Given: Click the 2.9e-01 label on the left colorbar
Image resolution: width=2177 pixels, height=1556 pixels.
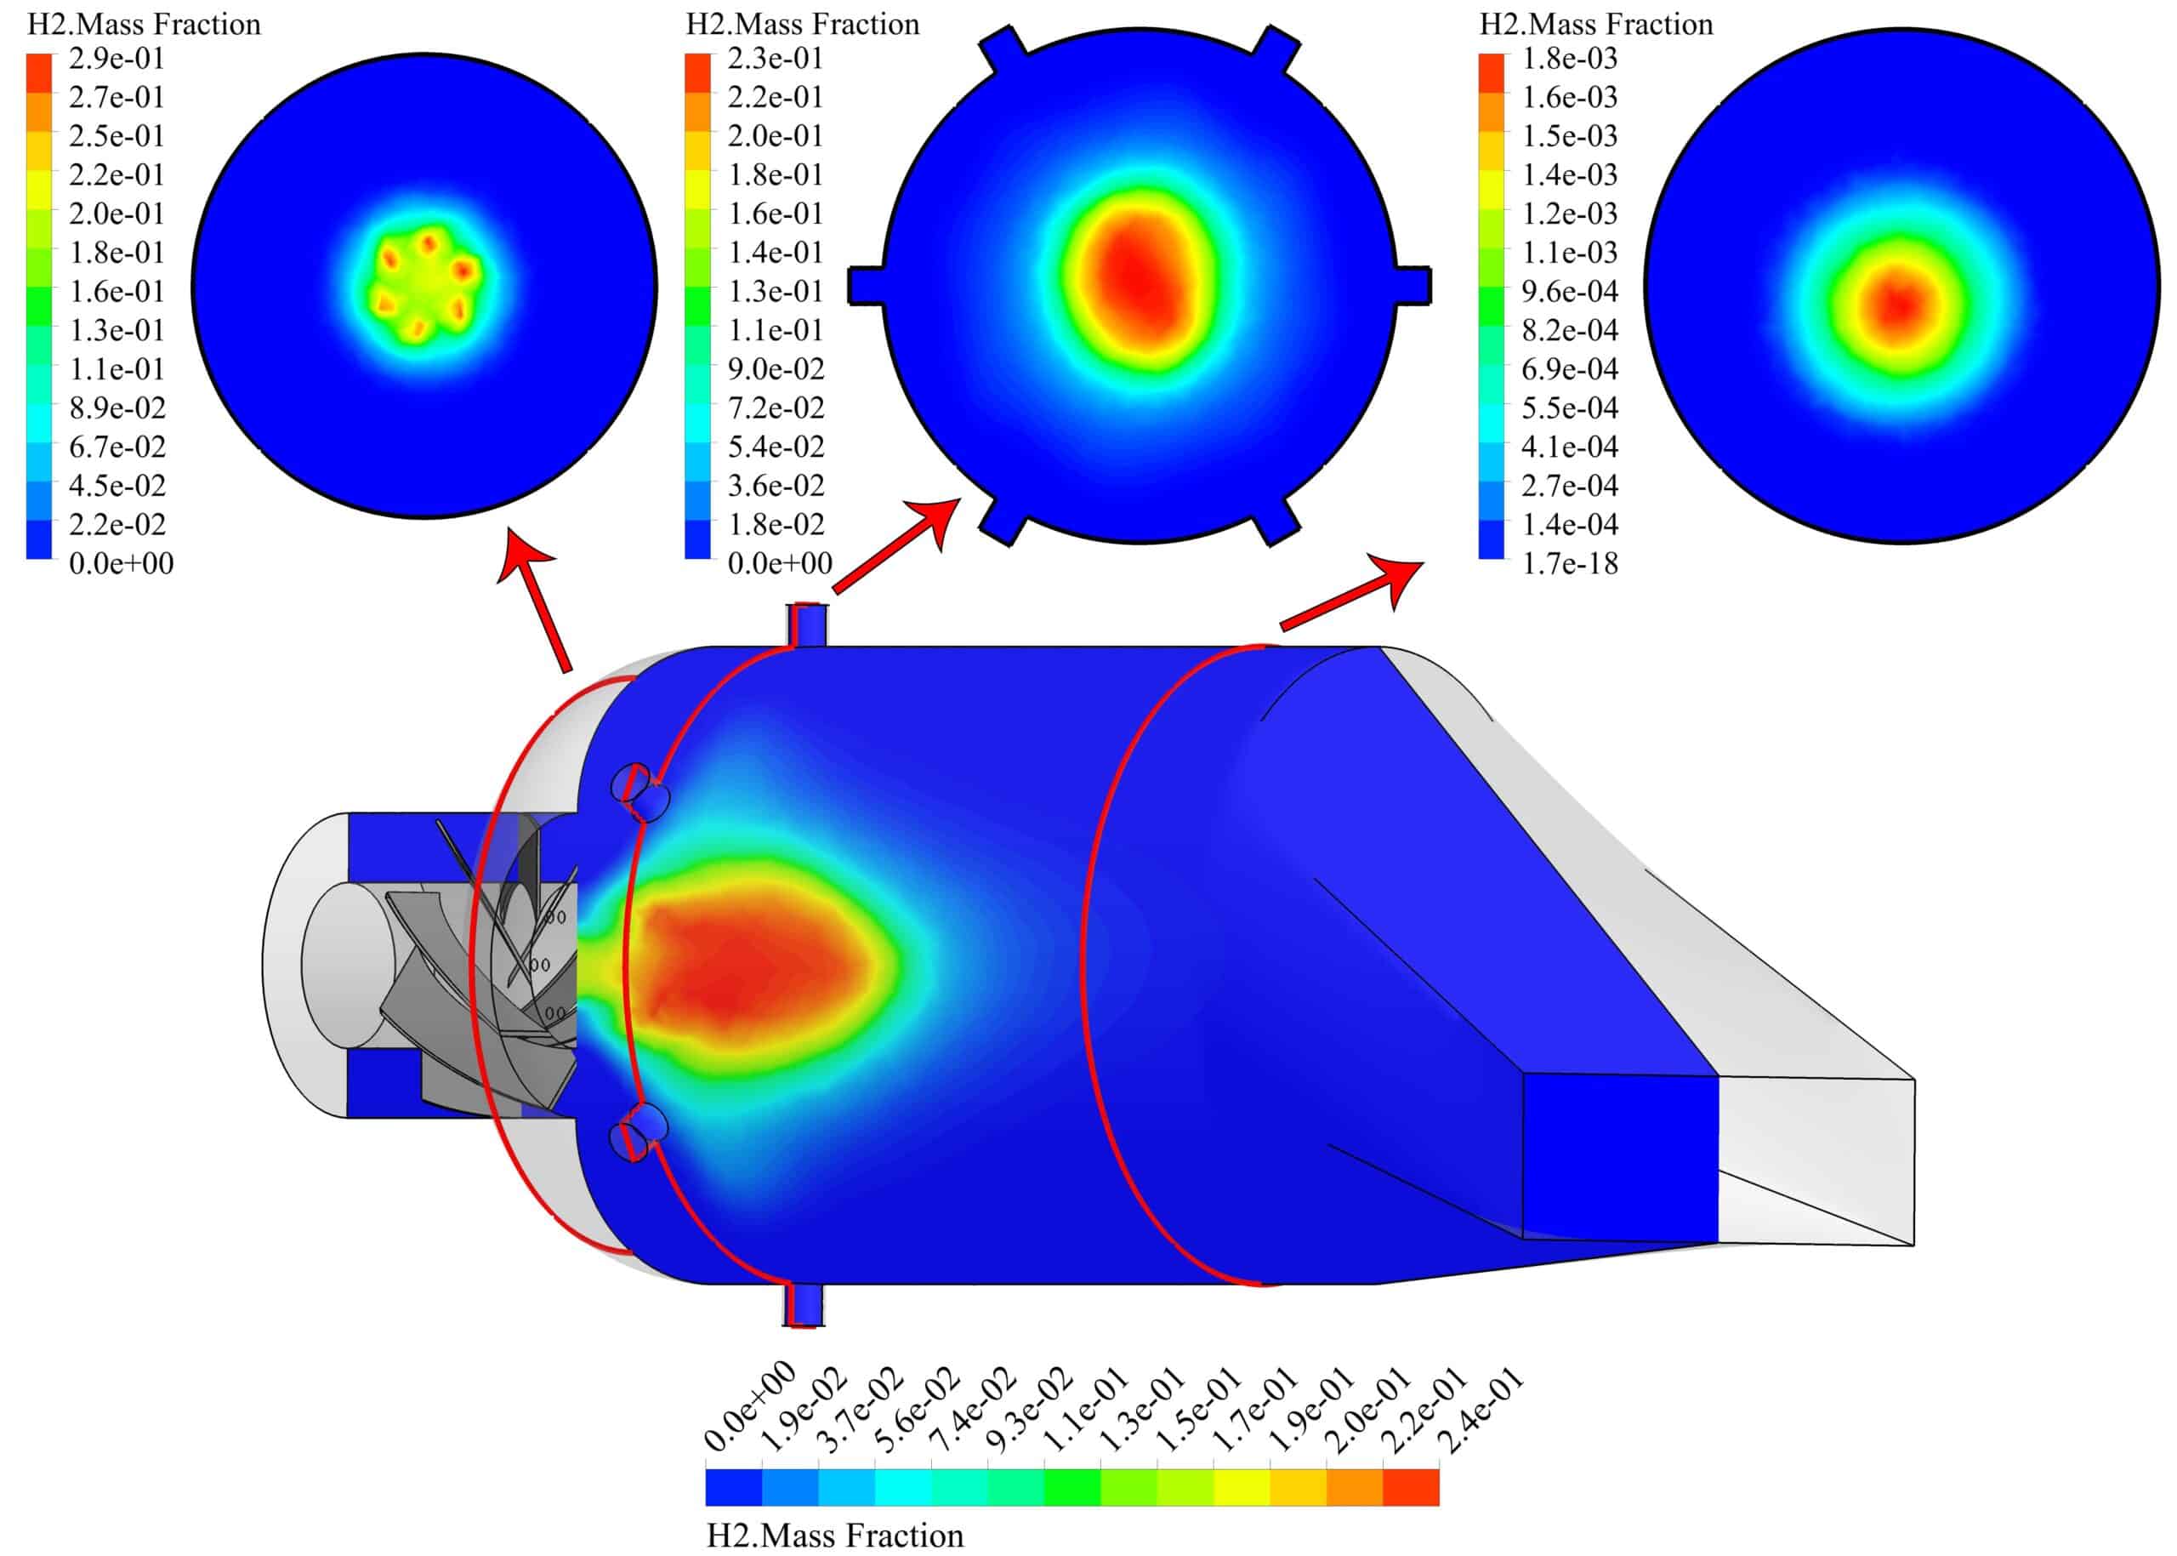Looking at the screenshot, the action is click(x=116, y=59).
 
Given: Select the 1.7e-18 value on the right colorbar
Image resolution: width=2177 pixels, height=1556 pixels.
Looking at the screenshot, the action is click(x=1570, y=563).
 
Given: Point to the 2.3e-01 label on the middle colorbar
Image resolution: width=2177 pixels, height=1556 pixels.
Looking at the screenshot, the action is click(x=775, y=59).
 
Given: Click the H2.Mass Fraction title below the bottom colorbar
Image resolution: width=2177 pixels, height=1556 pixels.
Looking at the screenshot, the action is click(x=834, y=1536).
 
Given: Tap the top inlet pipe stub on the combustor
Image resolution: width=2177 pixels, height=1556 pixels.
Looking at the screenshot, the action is click(x=805, y=624).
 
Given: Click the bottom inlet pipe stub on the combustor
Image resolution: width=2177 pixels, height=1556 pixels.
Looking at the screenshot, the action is click(x=804, y=1305).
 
